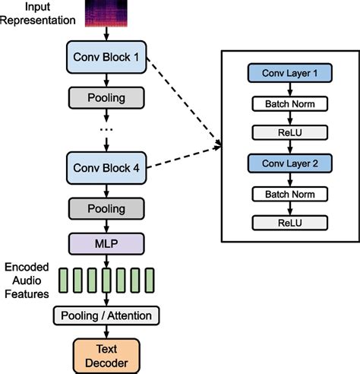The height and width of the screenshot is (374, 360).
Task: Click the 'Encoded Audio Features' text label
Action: (27, 280)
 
